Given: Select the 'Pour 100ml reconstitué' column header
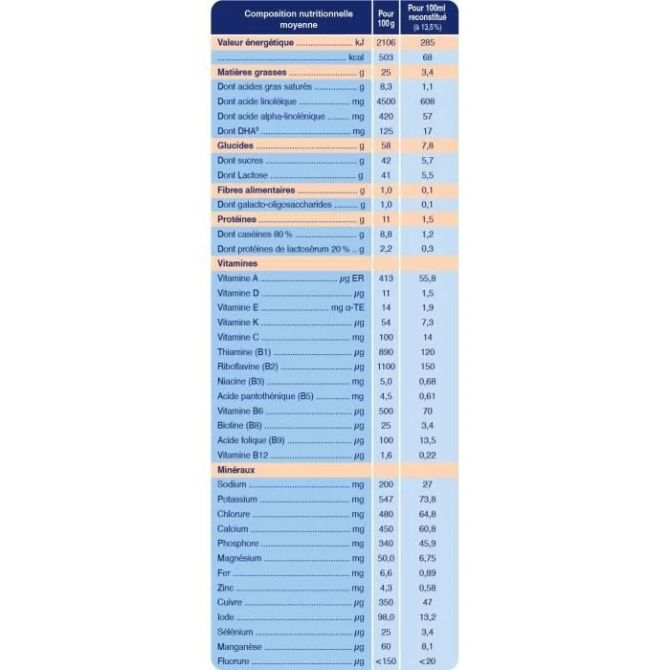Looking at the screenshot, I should pos(429,19).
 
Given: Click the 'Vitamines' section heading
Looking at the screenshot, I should pos(237,261).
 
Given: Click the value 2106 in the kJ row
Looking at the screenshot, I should pos(385,43).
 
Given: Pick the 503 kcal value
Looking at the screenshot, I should pos(385,57).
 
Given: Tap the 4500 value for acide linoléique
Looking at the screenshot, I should pos(385,101).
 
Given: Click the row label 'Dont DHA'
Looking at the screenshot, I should pos(235,130).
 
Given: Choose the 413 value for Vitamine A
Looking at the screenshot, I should pos(385,277).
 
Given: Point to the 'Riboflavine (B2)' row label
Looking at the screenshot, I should pos(247,366).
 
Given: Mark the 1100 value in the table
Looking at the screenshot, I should pos(385,366).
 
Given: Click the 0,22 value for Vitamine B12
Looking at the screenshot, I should pos(428,455).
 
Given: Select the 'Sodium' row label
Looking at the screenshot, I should pos(233,485).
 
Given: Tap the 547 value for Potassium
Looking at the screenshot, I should pos(385,500).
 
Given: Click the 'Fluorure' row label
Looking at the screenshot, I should pos(234,663).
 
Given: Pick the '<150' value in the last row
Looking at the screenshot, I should pos(385,663).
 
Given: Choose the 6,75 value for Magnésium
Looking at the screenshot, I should pos(428,559).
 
